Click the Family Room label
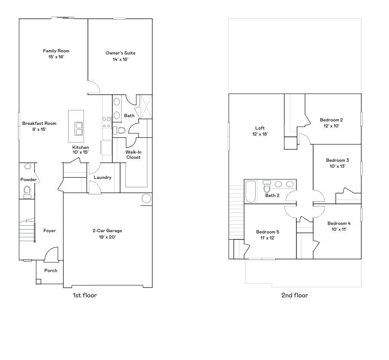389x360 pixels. point(56,51)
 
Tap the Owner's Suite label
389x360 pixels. point(121,53)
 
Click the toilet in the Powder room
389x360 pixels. point(27,191)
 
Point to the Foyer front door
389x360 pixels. point(51,255)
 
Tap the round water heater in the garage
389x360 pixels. point(146,198)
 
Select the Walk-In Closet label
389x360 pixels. point(133,154)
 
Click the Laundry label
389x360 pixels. point(103,178)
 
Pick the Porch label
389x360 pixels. point(51,271)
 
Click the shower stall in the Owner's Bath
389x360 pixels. point(144,106)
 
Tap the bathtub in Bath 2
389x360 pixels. point(251,191)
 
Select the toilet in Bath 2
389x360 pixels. point(267,187)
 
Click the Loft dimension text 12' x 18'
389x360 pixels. point(260,134)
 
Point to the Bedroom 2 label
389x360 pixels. point(331,120)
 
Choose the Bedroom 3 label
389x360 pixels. point(337,160)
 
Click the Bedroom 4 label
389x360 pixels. point(339,224)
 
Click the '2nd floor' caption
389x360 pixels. point(295,295)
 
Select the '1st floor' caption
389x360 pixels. point(85,295)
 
